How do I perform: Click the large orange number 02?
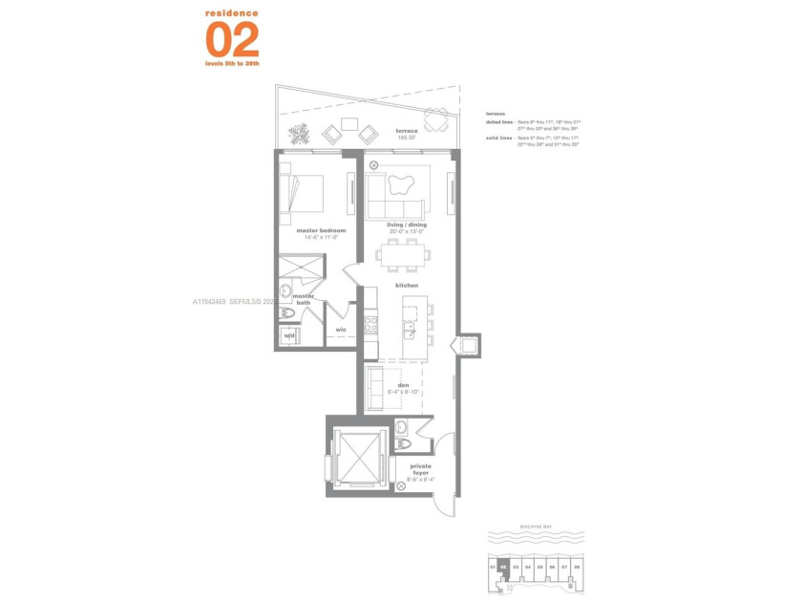232,39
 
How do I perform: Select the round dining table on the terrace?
437,119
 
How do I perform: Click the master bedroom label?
321,230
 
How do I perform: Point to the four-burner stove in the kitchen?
370,324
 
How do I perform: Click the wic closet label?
341,331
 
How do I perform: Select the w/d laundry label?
288,336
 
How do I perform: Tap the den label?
404,386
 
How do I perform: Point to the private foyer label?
420,469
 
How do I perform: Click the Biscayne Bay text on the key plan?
535,525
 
